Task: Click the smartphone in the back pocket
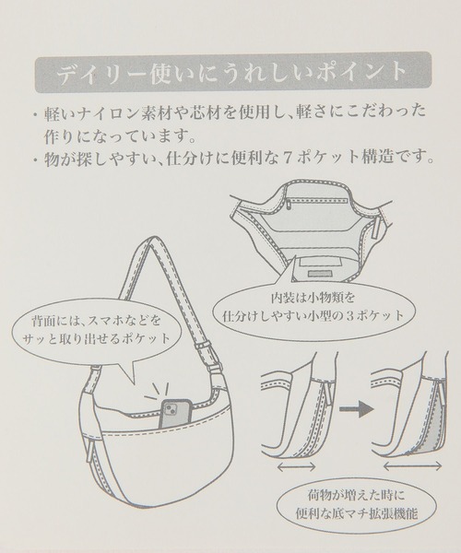tap(175, 414)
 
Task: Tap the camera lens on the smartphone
tap(170, 409)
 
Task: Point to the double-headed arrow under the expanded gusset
tap(412, 466)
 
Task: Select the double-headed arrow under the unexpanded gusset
tap(296, 466)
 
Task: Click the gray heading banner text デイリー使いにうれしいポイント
tap(232, 72)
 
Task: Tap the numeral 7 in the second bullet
tap(287, 158)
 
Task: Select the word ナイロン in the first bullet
tap(88, 113)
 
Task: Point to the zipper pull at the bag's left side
tap(90, 453)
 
